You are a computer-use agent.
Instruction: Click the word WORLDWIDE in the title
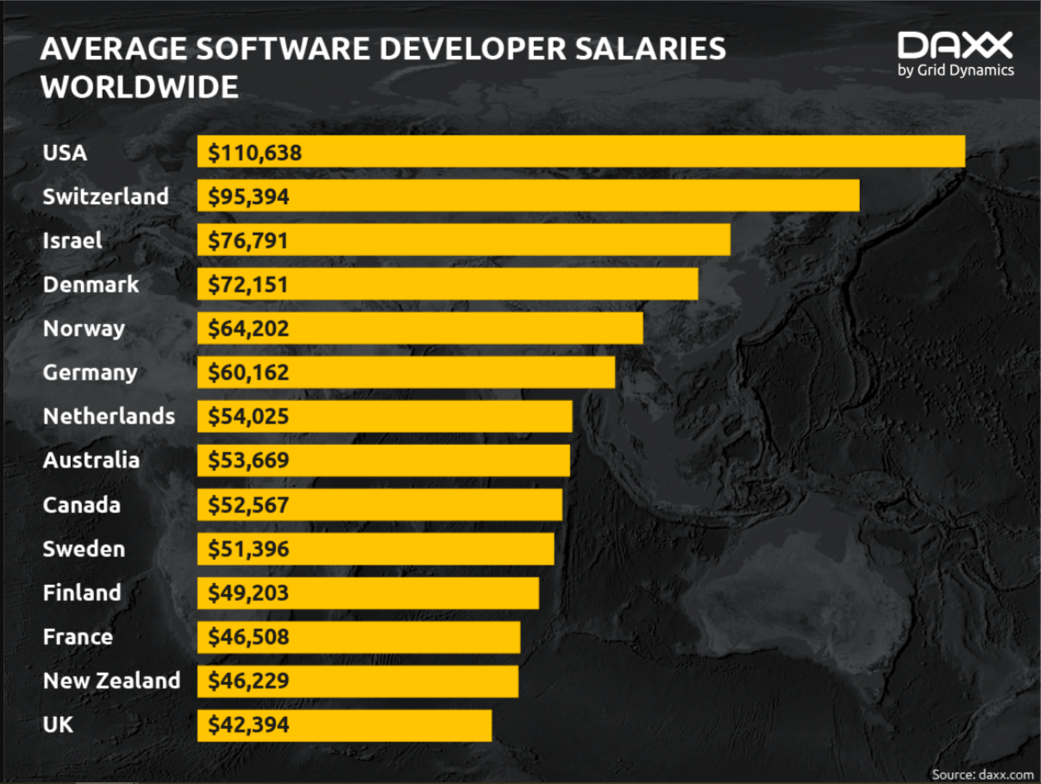[x=140, y=87]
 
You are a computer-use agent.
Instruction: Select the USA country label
[x=65, y=153]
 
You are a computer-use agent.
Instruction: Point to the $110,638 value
[x=254, y=154]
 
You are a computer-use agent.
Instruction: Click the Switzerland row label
[x=105, y=197]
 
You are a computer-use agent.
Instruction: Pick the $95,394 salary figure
[x=248, y=198]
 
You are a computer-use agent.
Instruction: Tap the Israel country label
[x=72, y=241]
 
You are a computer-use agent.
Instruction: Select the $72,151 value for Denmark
[x=248, y=285]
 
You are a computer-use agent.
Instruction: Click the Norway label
[x=84, y=329]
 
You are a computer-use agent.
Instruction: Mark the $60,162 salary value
[x=248, y=373]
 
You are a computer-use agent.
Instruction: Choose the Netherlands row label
[x=109, y=417]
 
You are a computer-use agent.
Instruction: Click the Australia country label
[x=91, y=461]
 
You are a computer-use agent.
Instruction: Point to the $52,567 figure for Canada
[x=248, y=505]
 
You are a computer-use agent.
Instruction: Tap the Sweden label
[x=84, y=549]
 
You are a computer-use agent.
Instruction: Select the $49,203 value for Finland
[x=248, y=593]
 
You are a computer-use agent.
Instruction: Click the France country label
[x=78, y=637]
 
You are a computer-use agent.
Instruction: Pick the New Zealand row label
[x=111, y=681]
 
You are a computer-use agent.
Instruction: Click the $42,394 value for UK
[x=248, y=725]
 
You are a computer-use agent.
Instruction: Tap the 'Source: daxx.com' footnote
[x=981, y=774]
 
